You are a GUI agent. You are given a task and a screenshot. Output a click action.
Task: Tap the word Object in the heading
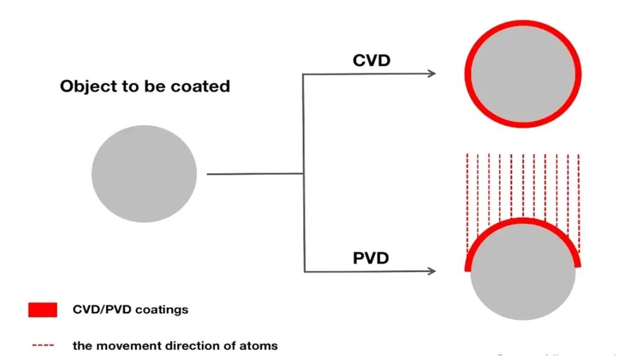tap(85, 87)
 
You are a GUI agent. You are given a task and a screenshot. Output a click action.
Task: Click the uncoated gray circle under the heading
tap(144, 174)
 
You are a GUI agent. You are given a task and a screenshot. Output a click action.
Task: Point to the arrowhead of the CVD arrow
tap(432, 74)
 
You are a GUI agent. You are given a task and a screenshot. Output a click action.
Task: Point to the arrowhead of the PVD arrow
tap(432, 271)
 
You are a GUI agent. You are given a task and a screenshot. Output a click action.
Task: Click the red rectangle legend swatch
tap(43, 310)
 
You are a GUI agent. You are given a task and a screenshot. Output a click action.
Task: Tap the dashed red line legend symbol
tap(43, 345)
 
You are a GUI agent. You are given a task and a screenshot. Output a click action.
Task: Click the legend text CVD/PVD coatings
tap(130, 310)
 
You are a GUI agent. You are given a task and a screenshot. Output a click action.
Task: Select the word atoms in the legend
tap(262, 345)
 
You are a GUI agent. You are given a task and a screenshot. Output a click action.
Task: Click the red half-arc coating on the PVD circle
tap(523, 223)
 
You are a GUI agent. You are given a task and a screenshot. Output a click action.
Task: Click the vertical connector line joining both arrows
tap(304, 172)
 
